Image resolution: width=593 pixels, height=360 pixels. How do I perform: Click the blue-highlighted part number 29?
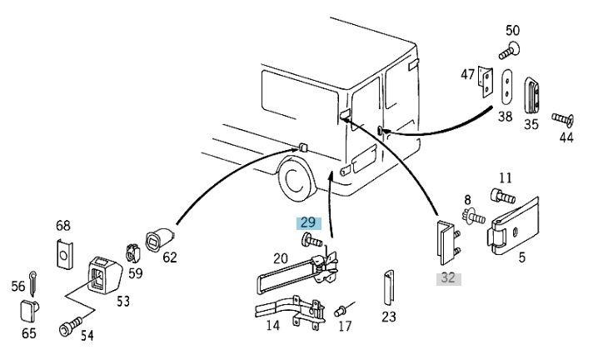(309, 222)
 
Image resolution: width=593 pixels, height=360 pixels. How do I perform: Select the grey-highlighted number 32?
(449, 278)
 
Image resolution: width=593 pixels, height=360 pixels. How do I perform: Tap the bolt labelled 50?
(509, 51)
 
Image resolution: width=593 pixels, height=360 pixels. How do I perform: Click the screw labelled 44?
(563, 119)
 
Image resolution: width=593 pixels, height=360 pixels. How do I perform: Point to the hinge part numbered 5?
(515, 226)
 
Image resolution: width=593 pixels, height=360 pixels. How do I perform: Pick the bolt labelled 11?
(503, 196)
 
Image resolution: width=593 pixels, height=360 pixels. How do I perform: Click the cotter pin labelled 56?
(33, 283)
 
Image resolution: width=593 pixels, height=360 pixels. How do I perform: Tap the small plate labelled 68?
(64, 253)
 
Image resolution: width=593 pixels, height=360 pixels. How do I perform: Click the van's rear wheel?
(297, 179)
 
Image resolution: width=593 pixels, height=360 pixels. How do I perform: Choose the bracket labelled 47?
(486, 82)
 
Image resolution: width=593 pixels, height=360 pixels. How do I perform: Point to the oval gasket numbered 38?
(507, 87)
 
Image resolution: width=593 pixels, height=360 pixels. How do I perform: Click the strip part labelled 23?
(389, 287)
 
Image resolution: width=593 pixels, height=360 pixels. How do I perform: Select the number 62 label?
(170, 257)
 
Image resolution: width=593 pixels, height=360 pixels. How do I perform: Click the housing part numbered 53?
(104, 274)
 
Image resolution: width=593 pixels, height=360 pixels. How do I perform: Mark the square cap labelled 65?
(29, 311)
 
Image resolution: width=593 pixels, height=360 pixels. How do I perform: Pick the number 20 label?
(280, 259)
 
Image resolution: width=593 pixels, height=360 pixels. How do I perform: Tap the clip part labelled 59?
(132, 252)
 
